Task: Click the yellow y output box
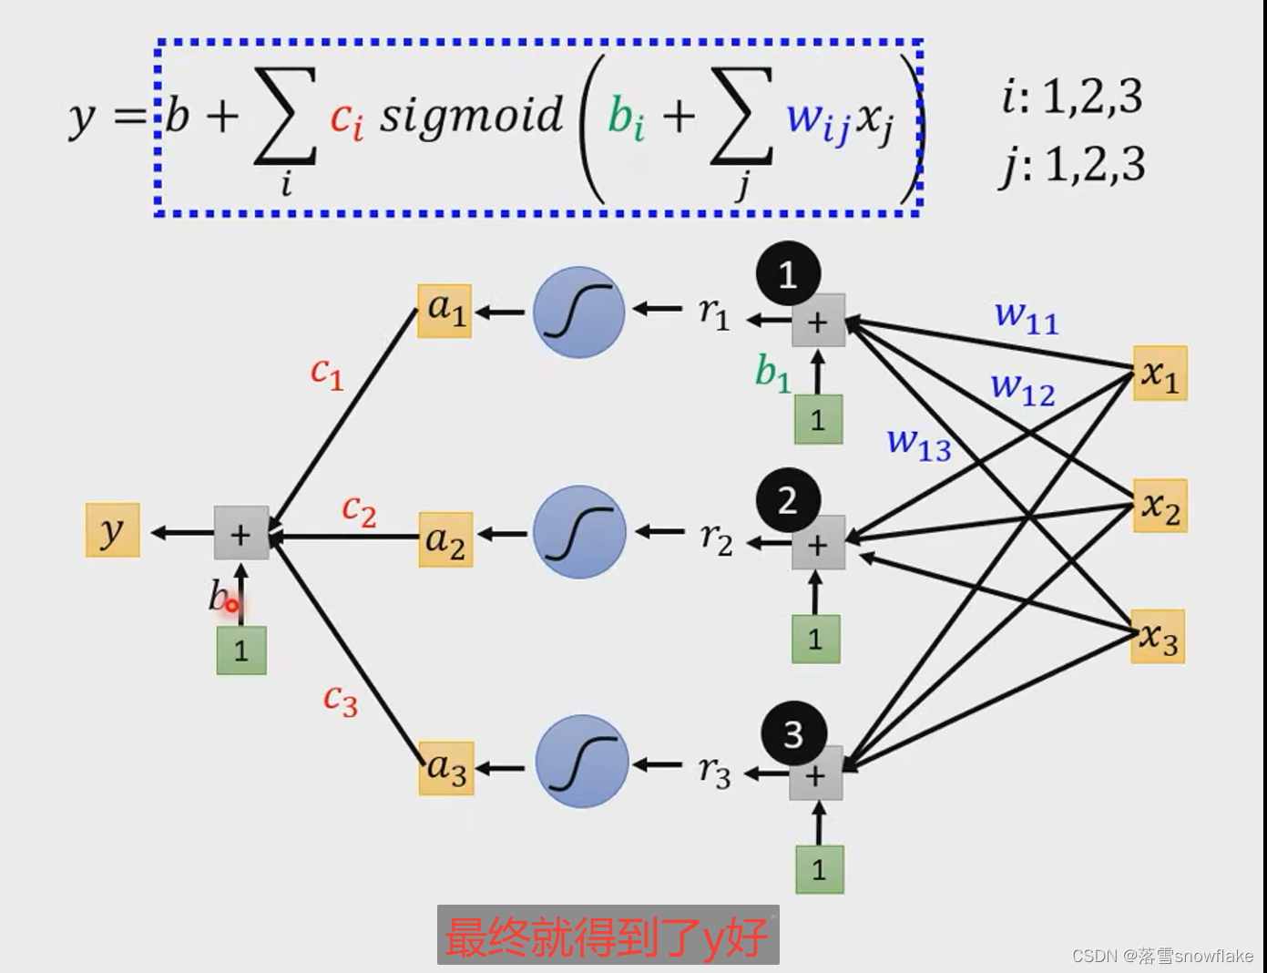113,529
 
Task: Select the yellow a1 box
444,312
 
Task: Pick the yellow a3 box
446,768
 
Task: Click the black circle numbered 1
788,274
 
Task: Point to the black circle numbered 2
789,500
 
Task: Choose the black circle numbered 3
793,733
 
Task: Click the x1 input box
1160,374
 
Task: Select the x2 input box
1160,506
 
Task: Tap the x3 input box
1158,636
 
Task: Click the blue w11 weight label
1027,317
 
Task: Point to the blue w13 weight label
919,444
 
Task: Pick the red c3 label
341,700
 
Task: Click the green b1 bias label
772,373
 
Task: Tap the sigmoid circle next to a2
579,532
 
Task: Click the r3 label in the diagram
715,772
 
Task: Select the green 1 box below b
241,650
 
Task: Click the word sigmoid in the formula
471,116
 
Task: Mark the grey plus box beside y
241,533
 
